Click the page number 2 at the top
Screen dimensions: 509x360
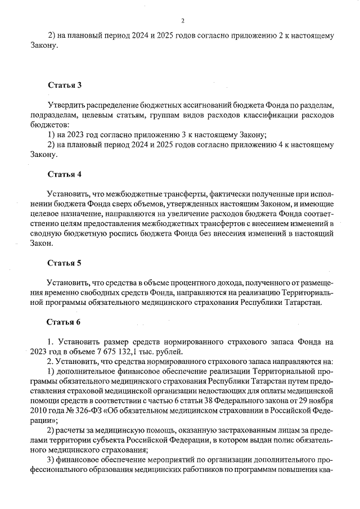click(x=183, y=21)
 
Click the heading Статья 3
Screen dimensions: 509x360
click(x=65, y=85)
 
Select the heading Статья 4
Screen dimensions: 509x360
click(x=65, y=173)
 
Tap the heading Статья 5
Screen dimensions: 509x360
click(x=65, y=262)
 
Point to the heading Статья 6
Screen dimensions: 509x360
click(x=65, y=322)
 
